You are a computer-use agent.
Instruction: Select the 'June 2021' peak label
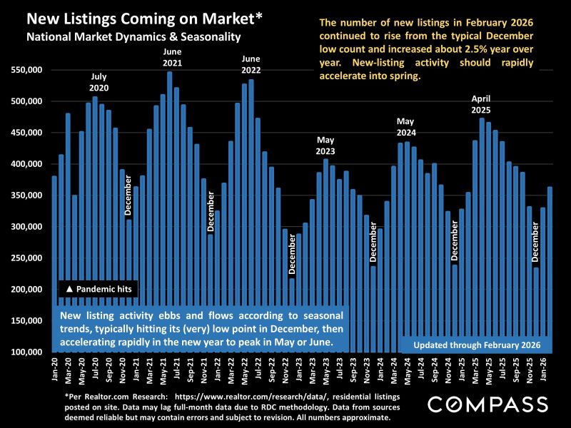tap(172, 58)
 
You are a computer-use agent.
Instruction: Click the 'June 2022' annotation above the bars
tap(251, 64)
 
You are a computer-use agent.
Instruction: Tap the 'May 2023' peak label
tap(325, 146)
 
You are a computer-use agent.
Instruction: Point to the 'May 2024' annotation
tap(406, 127)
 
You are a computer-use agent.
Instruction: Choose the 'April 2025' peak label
tap(481, 104)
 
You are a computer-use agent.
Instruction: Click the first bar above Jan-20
tap(54, 264)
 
